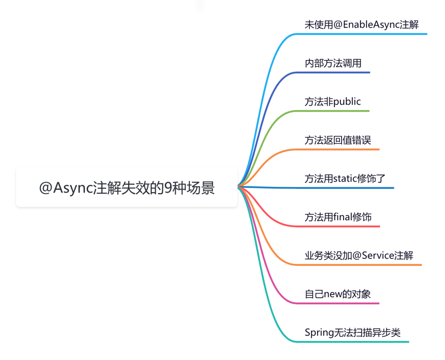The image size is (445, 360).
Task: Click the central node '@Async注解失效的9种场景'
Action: click(x=127, y=188)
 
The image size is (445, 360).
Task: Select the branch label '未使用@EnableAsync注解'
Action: click(x=361, y=25)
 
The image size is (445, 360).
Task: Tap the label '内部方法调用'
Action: click(x=333, y=63)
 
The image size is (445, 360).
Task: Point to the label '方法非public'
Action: click(x=333, y=101)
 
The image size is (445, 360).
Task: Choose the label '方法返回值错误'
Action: click(x=338, y=140)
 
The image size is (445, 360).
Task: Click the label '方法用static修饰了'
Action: click(x=345, y=179)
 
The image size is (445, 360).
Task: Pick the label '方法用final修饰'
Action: click(x=338, y=217)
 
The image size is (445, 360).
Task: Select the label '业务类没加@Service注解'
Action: click(x=359, y=255)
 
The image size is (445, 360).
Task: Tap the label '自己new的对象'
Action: click(x=337, y=294)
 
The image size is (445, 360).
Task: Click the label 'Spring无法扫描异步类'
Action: click(x=352, y=332)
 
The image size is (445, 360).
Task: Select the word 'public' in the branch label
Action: click(x=347, y=102)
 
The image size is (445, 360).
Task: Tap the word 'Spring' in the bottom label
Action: click(x=318, y=333)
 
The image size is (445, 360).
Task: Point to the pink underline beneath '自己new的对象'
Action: click(x=337, y=304)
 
